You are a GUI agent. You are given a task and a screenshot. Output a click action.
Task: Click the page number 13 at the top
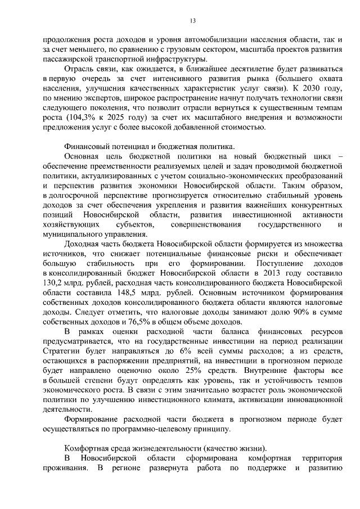(192, 21)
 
